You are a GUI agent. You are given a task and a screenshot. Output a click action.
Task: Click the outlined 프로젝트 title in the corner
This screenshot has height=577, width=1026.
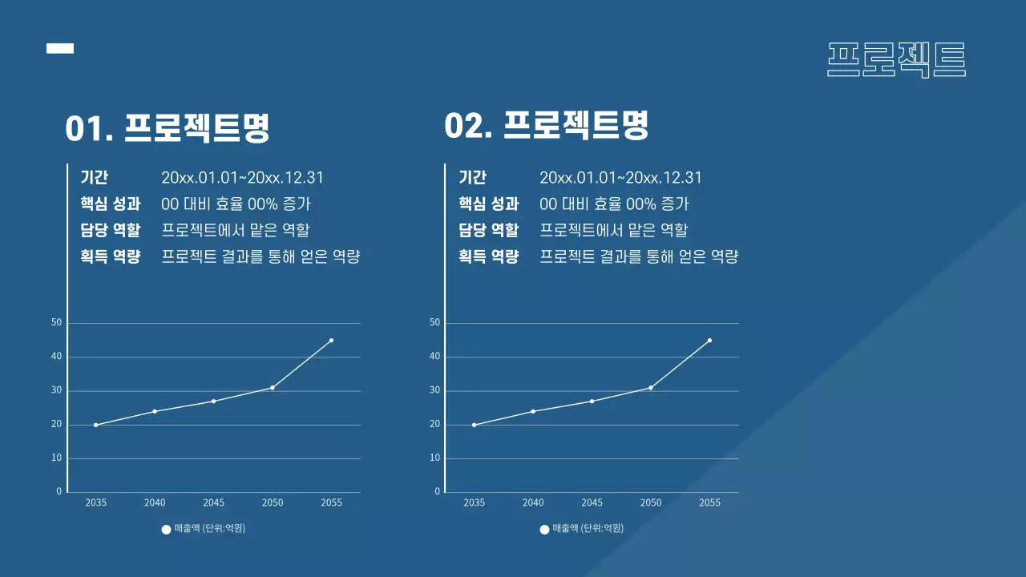tap(896, 59)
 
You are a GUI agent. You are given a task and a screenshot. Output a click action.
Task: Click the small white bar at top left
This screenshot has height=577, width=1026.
tap(60, 49)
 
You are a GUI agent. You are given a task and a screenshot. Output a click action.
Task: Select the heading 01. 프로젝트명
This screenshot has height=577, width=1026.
tap(168, 128)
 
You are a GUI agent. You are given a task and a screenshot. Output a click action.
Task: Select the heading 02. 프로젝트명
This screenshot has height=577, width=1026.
tap(546, 126)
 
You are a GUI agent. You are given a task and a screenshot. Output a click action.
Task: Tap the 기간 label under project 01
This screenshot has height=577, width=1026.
tap(94, 178)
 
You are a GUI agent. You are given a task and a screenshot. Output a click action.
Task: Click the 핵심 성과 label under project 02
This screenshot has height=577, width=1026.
tap(488, 204)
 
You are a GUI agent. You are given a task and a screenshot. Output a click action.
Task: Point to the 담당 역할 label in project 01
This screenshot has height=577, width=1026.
tap(110, 230)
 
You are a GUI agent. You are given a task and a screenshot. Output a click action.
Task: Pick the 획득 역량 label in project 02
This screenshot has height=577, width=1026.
tap(488, 256)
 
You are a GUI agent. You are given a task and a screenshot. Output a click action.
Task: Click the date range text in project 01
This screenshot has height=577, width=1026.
tap(242, 178)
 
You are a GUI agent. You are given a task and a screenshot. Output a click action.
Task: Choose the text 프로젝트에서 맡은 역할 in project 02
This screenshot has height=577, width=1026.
tap(613, 230)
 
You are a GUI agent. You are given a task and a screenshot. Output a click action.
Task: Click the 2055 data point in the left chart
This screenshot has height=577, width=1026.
tap(331, 341)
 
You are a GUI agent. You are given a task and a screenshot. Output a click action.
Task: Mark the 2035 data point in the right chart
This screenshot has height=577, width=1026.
tap(475, 425)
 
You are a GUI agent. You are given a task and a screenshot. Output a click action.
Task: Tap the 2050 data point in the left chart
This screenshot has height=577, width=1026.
tap(273, 388)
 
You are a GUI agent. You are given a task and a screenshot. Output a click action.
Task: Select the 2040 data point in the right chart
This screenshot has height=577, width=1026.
tap(533, 411)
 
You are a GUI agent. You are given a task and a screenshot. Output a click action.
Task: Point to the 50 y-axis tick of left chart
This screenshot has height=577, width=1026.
tap(56, 323)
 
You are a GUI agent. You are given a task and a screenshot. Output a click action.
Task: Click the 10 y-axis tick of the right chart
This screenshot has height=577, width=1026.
tap(435, 458)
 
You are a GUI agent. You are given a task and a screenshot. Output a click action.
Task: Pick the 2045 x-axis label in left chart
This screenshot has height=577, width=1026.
tap(213, 502)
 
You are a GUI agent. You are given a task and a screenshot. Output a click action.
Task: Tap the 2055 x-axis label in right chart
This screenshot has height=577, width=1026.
tap(709, 502)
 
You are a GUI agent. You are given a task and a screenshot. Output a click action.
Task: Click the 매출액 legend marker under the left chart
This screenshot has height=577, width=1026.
tap(166, 530)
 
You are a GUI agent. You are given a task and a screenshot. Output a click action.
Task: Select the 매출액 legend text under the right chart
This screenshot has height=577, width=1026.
tap(588, 528)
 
